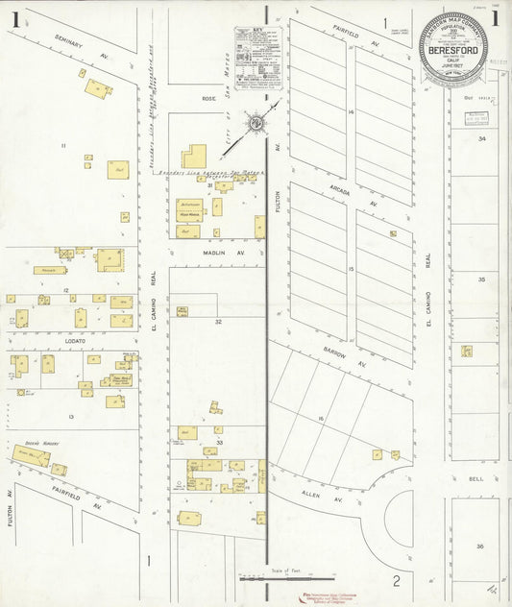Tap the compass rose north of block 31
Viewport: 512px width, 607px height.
point(256,123)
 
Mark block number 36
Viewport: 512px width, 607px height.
point(481,546)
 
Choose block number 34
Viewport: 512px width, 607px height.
point(482,139)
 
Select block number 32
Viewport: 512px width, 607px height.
point(218,321)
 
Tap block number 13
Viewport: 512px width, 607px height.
point(71,416)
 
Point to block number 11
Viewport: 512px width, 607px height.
point(63,145)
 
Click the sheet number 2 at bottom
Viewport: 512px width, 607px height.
point(395,580)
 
